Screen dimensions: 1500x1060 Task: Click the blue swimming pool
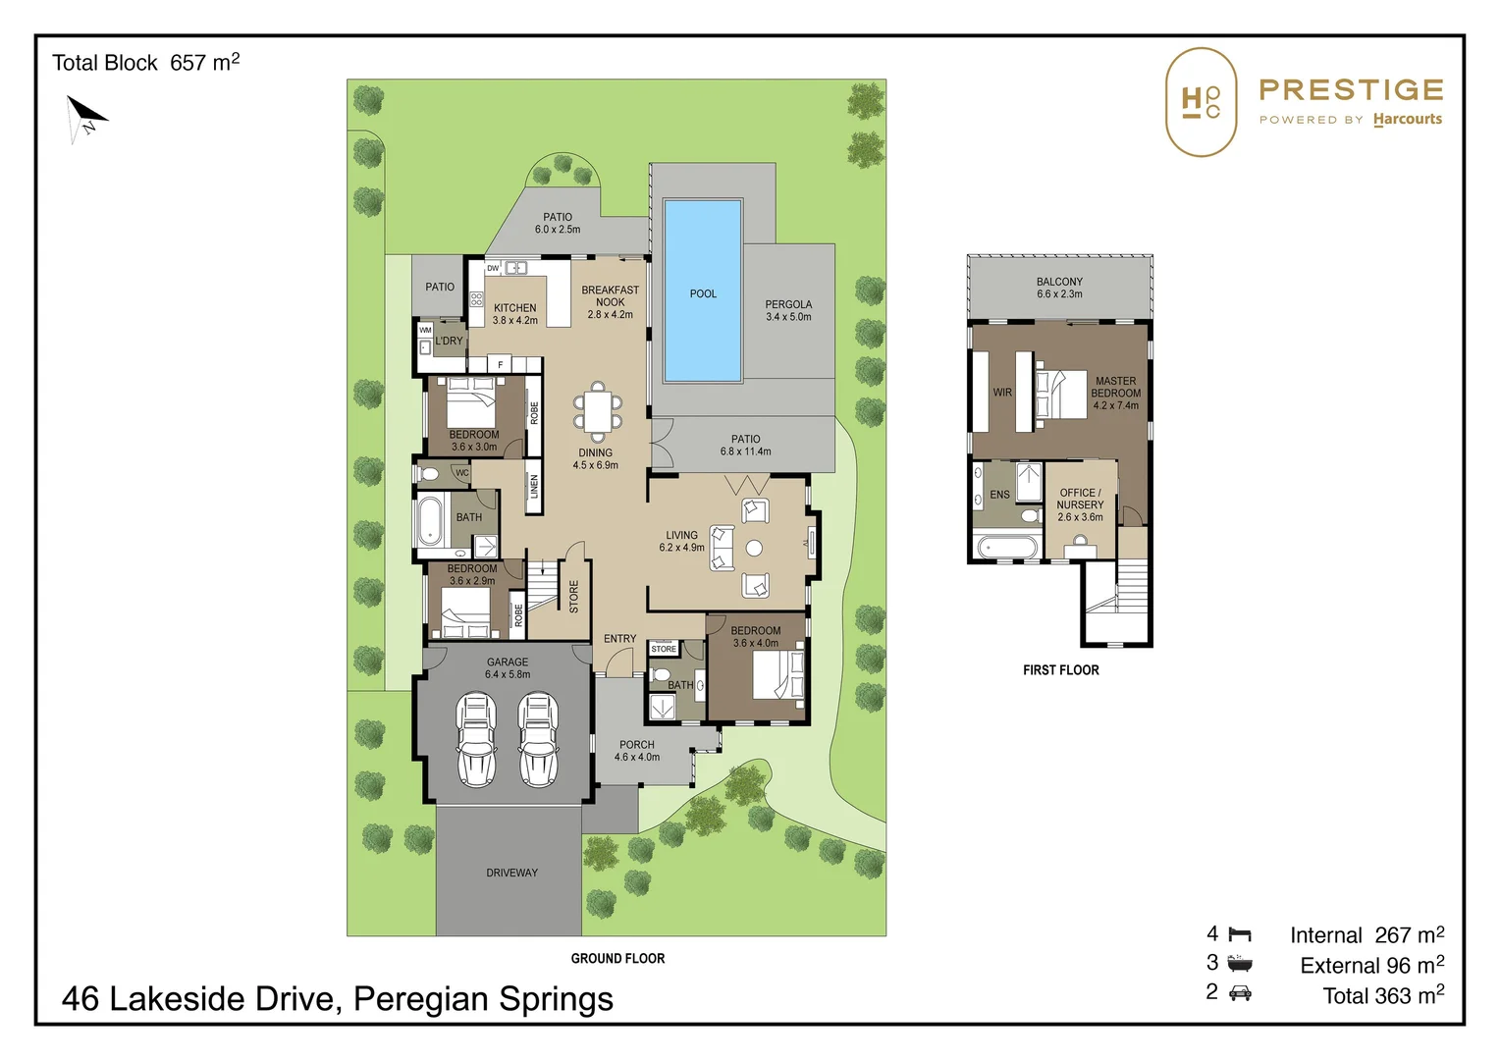(703, 290)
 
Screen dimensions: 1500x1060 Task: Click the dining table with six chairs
(597, 412)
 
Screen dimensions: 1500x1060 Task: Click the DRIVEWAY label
(511, 873)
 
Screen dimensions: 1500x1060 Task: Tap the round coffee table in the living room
(754, 548)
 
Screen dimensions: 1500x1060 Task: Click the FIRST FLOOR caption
(1061, 670)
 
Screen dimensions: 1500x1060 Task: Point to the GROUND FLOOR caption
(617, 958)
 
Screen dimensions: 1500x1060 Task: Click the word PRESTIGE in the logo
(1351, 89)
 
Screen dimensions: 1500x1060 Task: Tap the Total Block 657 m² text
(145, 62)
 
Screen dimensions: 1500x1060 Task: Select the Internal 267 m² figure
(1366, 934)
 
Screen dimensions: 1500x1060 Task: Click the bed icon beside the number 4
(1240, 934)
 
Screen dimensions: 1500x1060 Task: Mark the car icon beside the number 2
(1240, 993)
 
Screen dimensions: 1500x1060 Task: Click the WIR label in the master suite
(1002, 393)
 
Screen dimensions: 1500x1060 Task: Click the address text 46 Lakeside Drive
(197, 998)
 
